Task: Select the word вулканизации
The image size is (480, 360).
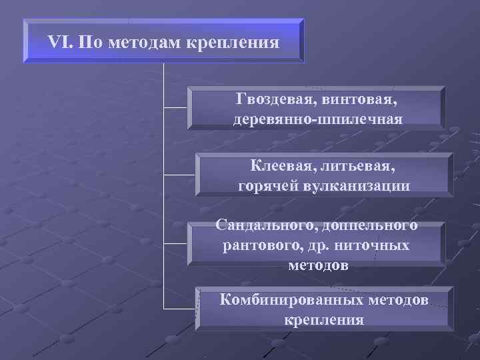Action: coord(359,184)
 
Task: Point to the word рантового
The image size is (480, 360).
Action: coord(262,245)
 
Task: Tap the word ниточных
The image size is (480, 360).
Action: coord(377,245)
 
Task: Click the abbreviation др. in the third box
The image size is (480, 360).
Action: coord(325,245)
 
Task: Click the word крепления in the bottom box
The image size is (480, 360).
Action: coord(324,319)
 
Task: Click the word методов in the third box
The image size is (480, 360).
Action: coord(318,265)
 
